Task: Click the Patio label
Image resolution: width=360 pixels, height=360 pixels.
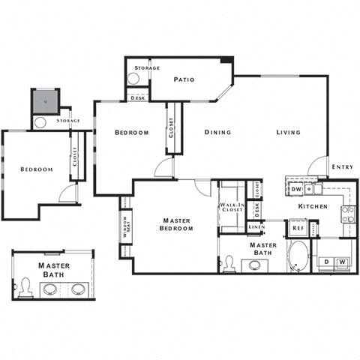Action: (184, 79)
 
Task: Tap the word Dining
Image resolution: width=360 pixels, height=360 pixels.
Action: (217, 133)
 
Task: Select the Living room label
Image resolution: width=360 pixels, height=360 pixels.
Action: (288, 133)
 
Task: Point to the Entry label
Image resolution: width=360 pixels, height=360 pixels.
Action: (342, 166)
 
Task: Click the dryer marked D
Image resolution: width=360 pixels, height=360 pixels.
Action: (325, 261)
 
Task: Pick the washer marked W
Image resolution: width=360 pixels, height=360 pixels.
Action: (342, 261)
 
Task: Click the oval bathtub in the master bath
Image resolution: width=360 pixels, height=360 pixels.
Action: (297, 256)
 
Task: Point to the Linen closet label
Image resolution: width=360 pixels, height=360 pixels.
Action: (256, 226)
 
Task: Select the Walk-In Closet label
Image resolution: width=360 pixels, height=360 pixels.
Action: (232, 207)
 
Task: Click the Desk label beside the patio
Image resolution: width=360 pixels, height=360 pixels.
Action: (138, 97)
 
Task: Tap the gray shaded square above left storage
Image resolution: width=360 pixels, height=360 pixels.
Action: (44, 100)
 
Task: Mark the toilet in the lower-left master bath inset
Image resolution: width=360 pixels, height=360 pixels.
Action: (25, 286)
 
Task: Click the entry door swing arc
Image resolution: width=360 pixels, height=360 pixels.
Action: (318, 165)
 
